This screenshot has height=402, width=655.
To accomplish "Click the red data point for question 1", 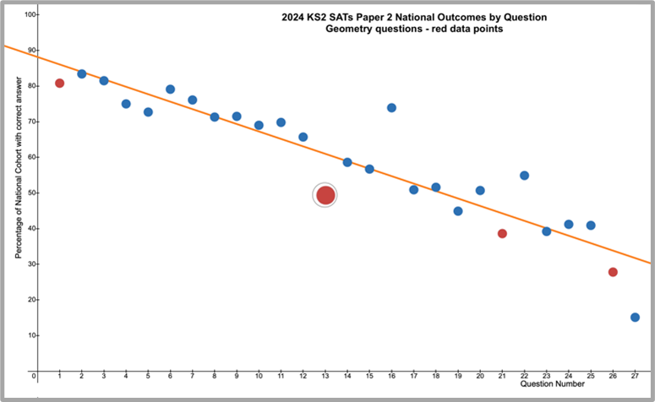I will click(x=60, y=83).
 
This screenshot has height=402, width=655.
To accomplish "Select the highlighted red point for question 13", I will click(x=325, y=195).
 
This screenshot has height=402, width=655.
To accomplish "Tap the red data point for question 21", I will click(x=502, y=233).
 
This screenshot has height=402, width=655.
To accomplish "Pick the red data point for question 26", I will click(x=613, y=272).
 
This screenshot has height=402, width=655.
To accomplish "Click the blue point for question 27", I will click(x=635, y=318).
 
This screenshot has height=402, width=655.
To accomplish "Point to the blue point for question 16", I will click(x=391, y=107).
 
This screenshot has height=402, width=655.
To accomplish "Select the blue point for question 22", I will click(x=524, y=176).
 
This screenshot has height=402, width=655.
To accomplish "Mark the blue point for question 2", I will click(x=82, y=73).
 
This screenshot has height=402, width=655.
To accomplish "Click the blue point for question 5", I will click(x=148, y=111).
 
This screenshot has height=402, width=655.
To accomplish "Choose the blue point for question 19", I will click(x=458, y=211).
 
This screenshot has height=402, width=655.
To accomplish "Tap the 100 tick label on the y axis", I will click(x=30, y=14).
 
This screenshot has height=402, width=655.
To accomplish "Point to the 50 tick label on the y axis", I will click(x=31, y=193).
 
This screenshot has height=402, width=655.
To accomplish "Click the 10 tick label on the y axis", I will click(x=31, y=335).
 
